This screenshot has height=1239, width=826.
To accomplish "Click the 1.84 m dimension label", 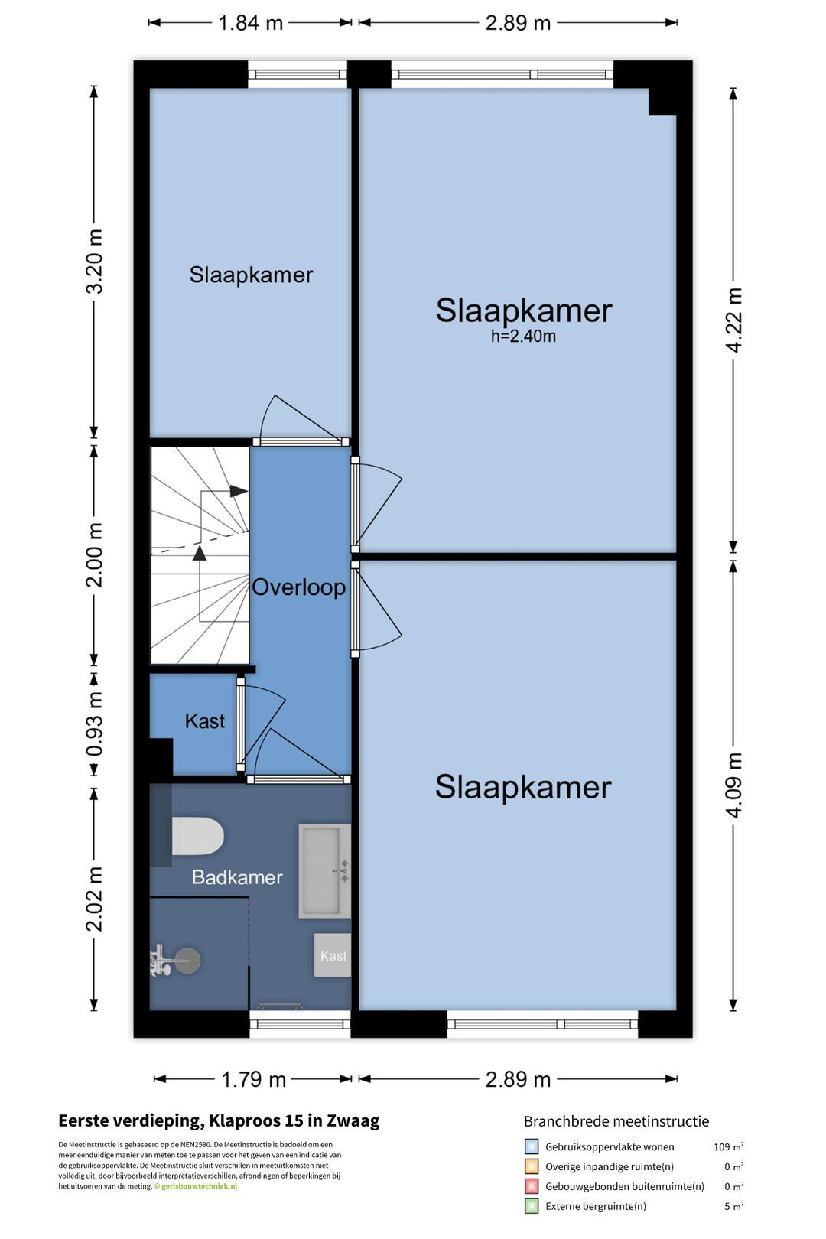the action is click(251, 23).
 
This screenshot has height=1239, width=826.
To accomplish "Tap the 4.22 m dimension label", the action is click(733, 320).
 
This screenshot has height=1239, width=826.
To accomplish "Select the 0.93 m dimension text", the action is click(95, 724).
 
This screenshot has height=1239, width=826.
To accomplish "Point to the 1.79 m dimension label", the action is click(253, 1079).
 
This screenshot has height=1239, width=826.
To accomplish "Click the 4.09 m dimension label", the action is click(733, 785).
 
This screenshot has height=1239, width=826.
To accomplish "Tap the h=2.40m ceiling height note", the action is click(523, 337).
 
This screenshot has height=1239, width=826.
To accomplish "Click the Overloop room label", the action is click(299, 587).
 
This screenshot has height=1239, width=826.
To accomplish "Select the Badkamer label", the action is click(237, 877).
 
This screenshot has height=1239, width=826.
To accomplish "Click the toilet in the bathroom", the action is click(197, 836).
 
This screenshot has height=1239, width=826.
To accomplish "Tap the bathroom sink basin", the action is click(325, 871).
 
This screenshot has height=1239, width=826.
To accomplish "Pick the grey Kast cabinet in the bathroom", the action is click(333, 955).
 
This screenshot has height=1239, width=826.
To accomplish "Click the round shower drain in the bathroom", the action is click(187, 961).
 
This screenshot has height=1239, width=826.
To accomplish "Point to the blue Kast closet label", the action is click(205, 721).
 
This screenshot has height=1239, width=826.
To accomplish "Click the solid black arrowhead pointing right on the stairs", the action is click(239, 490).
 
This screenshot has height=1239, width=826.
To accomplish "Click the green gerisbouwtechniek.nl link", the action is click(199, 1186).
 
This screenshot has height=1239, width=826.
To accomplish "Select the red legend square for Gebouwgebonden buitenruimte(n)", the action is click(532, 1186).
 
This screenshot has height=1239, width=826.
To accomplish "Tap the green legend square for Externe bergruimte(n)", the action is click(532, 1206).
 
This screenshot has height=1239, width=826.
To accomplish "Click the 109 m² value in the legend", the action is click(729, 1146).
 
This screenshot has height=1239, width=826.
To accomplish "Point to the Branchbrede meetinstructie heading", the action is click(616, 1121).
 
